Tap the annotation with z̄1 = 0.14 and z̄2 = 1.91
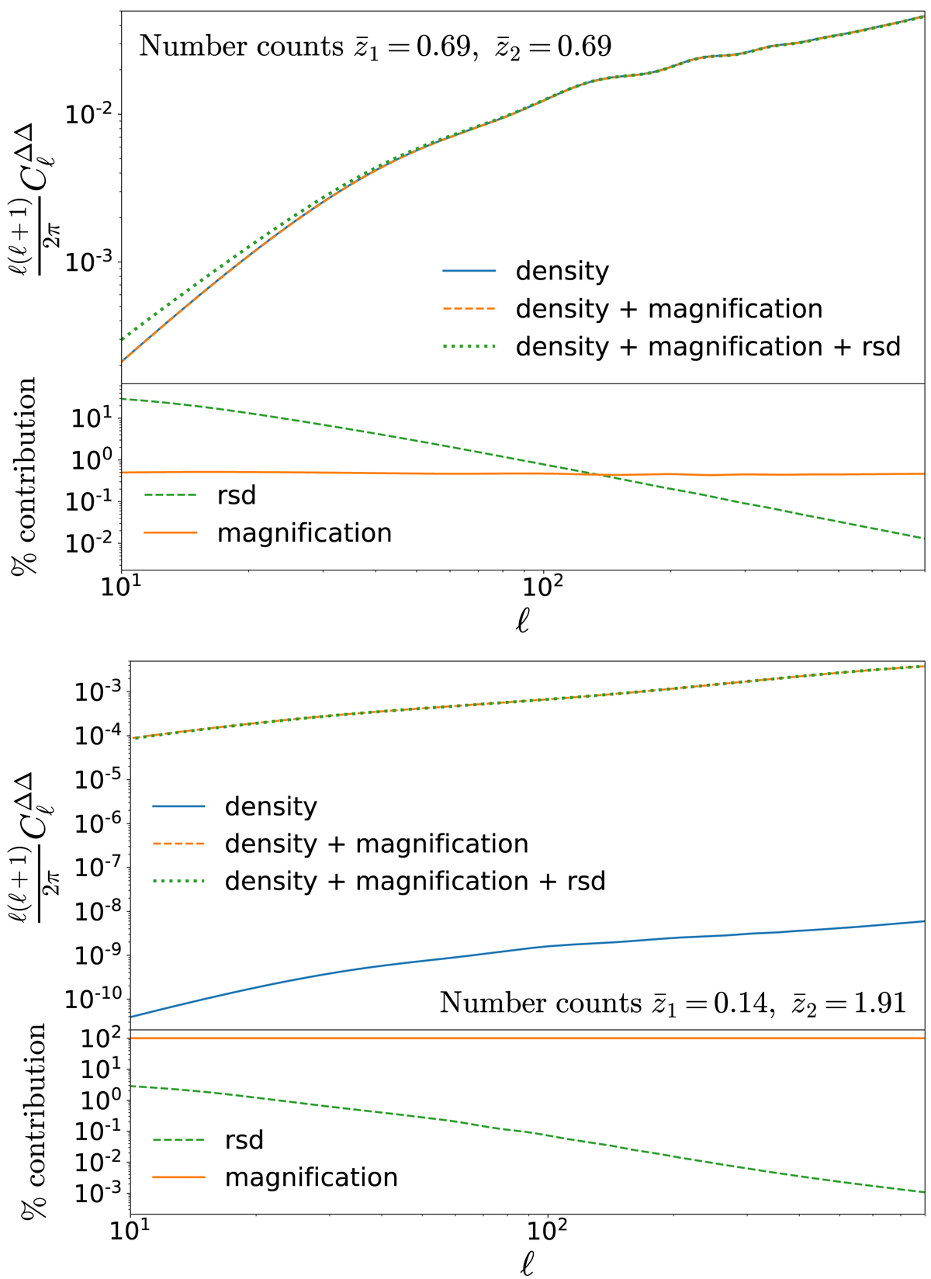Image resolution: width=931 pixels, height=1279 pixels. pyautogui.click(x=673, y=1003)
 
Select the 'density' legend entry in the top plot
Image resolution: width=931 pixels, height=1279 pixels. pyautogui.click(x=562, y=271)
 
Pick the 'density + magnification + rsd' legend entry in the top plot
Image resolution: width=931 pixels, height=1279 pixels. pyautogui.click(x=708, y=346)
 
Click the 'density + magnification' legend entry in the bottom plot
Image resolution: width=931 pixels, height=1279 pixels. pyautogui.click(x=376, y=844)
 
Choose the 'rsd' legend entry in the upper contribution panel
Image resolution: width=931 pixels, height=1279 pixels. pyautogui.click(x=236, y=495)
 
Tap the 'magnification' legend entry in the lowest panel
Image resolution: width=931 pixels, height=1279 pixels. pyautogui.click(x=310, y=1177)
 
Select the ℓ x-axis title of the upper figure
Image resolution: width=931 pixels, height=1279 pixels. pyautogui.click(x=522, y=621)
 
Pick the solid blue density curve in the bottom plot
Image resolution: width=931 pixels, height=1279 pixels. pyautogui.click(x=543, y=946)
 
